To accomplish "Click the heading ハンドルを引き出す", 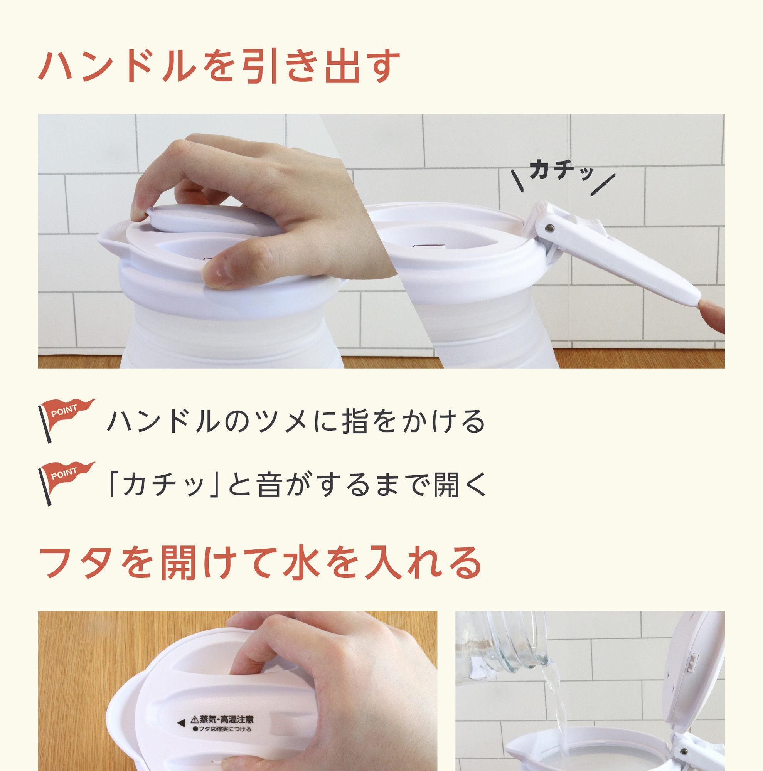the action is [219, 66].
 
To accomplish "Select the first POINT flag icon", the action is [66, 419].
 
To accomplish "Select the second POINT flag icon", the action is [66, 483].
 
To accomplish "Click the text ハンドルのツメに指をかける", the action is [296, 421].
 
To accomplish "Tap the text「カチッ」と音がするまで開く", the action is [297, 485].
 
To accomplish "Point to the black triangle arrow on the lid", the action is [181, 723].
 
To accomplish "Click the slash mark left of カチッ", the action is [517, 180].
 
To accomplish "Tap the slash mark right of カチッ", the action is [603, 185].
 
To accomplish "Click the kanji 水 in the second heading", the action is [302, 563].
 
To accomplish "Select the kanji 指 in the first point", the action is [355, 421].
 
